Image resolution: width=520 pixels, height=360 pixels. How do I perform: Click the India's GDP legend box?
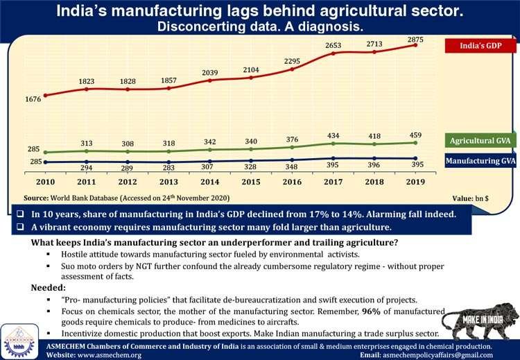480,46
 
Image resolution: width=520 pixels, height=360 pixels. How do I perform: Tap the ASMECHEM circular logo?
19,338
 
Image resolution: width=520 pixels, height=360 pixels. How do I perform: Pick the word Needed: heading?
50,286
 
